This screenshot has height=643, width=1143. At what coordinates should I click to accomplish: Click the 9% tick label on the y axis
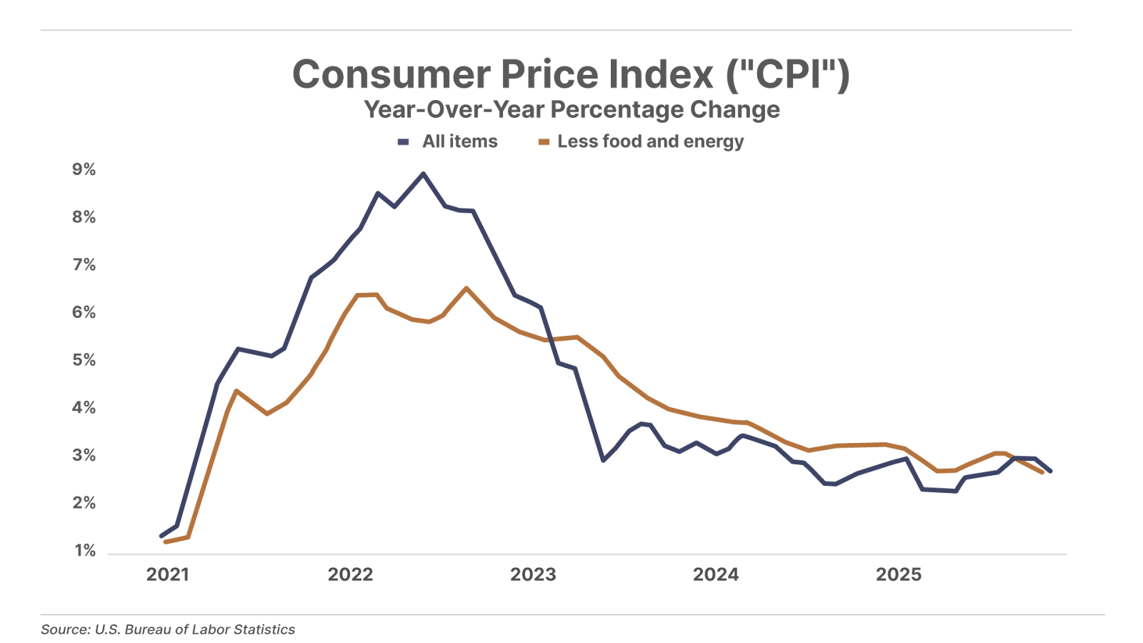tap(84, 169)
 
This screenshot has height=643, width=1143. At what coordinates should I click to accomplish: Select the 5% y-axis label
tap(84, 360)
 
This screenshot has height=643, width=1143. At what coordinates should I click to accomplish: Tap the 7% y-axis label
tap(84, 265)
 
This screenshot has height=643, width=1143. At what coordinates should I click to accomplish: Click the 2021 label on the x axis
tap(168, 575)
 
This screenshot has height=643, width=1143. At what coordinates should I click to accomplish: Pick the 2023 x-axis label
tap(533, 575)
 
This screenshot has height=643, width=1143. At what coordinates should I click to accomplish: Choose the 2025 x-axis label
tap(899, 575)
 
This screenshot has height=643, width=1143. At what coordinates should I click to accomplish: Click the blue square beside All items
tap(404, 142)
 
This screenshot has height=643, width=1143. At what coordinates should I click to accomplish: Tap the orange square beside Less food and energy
tap(544, 142)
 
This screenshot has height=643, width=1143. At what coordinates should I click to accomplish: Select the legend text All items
tap(459, 141)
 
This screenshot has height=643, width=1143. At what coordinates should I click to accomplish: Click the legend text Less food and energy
tap(650, 141)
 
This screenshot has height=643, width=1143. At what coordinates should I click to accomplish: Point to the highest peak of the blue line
tap(422, 174)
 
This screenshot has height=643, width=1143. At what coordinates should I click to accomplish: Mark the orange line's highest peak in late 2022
tap(466, 288)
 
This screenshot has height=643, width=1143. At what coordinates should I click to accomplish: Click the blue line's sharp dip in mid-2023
tap(603, 461)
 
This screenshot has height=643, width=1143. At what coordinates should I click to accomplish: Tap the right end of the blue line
tap(1050, 471)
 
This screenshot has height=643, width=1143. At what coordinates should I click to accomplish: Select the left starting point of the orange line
tap(166, 542)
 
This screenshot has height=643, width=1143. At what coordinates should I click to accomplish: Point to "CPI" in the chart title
tap(788, 74)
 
